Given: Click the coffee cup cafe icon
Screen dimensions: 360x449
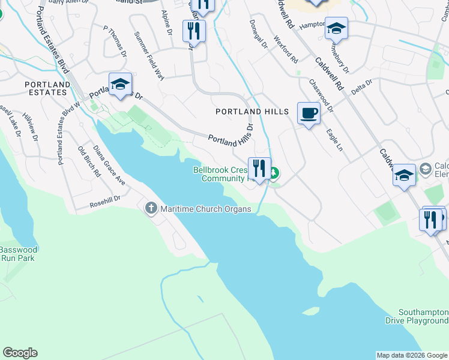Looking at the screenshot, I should (x=309, y=113).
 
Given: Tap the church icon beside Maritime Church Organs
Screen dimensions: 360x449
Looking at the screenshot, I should (x=150, y=208).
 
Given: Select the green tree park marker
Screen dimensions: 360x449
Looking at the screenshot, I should (x=274, y=175).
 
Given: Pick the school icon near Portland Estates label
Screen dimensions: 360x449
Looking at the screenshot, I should (x=120, y=85).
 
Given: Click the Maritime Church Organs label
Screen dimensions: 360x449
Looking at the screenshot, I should (x=205, y=209).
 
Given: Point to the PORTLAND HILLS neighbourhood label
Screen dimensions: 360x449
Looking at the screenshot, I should (x=252, y=112).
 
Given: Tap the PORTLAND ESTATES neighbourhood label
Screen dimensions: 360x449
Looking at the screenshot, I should (x=38, y=88).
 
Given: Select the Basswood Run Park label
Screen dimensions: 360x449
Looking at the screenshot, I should (x=18, y=254).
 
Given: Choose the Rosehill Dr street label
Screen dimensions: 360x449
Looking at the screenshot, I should (x=106, y=198).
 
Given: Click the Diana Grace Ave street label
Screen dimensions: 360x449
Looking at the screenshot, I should (x=109, y=164).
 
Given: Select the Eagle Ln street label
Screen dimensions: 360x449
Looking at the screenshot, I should (x=334, y=139).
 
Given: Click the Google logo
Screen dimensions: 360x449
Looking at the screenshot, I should (x=20, y=353).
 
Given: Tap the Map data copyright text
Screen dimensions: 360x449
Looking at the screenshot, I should (x=412, y=355).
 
